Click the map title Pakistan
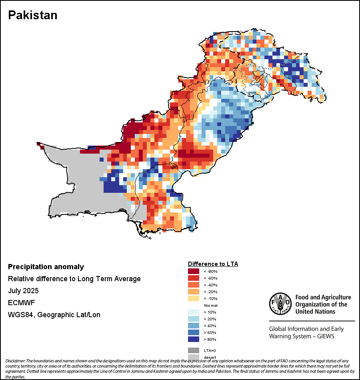[33, 15]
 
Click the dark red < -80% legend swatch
[193, 272]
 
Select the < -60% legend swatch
[193, 278]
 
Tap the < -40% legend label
[210, 285]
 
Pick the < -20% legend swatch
[193, 292]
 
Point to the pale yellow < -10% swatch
[193, 299]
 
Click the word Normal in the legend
[210, 305]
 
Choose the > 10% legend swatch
[193, 312]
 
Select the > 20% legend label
[210, 319]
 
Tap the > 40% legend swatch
[193, 326]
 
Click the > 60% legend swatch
[193, 333]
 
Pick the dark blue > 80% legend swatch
[193, 340]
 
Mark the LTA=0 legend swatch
[193, 350]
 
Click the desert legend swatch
[193, 357]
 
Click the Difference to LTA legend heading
[213, 264]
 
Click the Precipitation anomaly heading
[46, 267]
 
